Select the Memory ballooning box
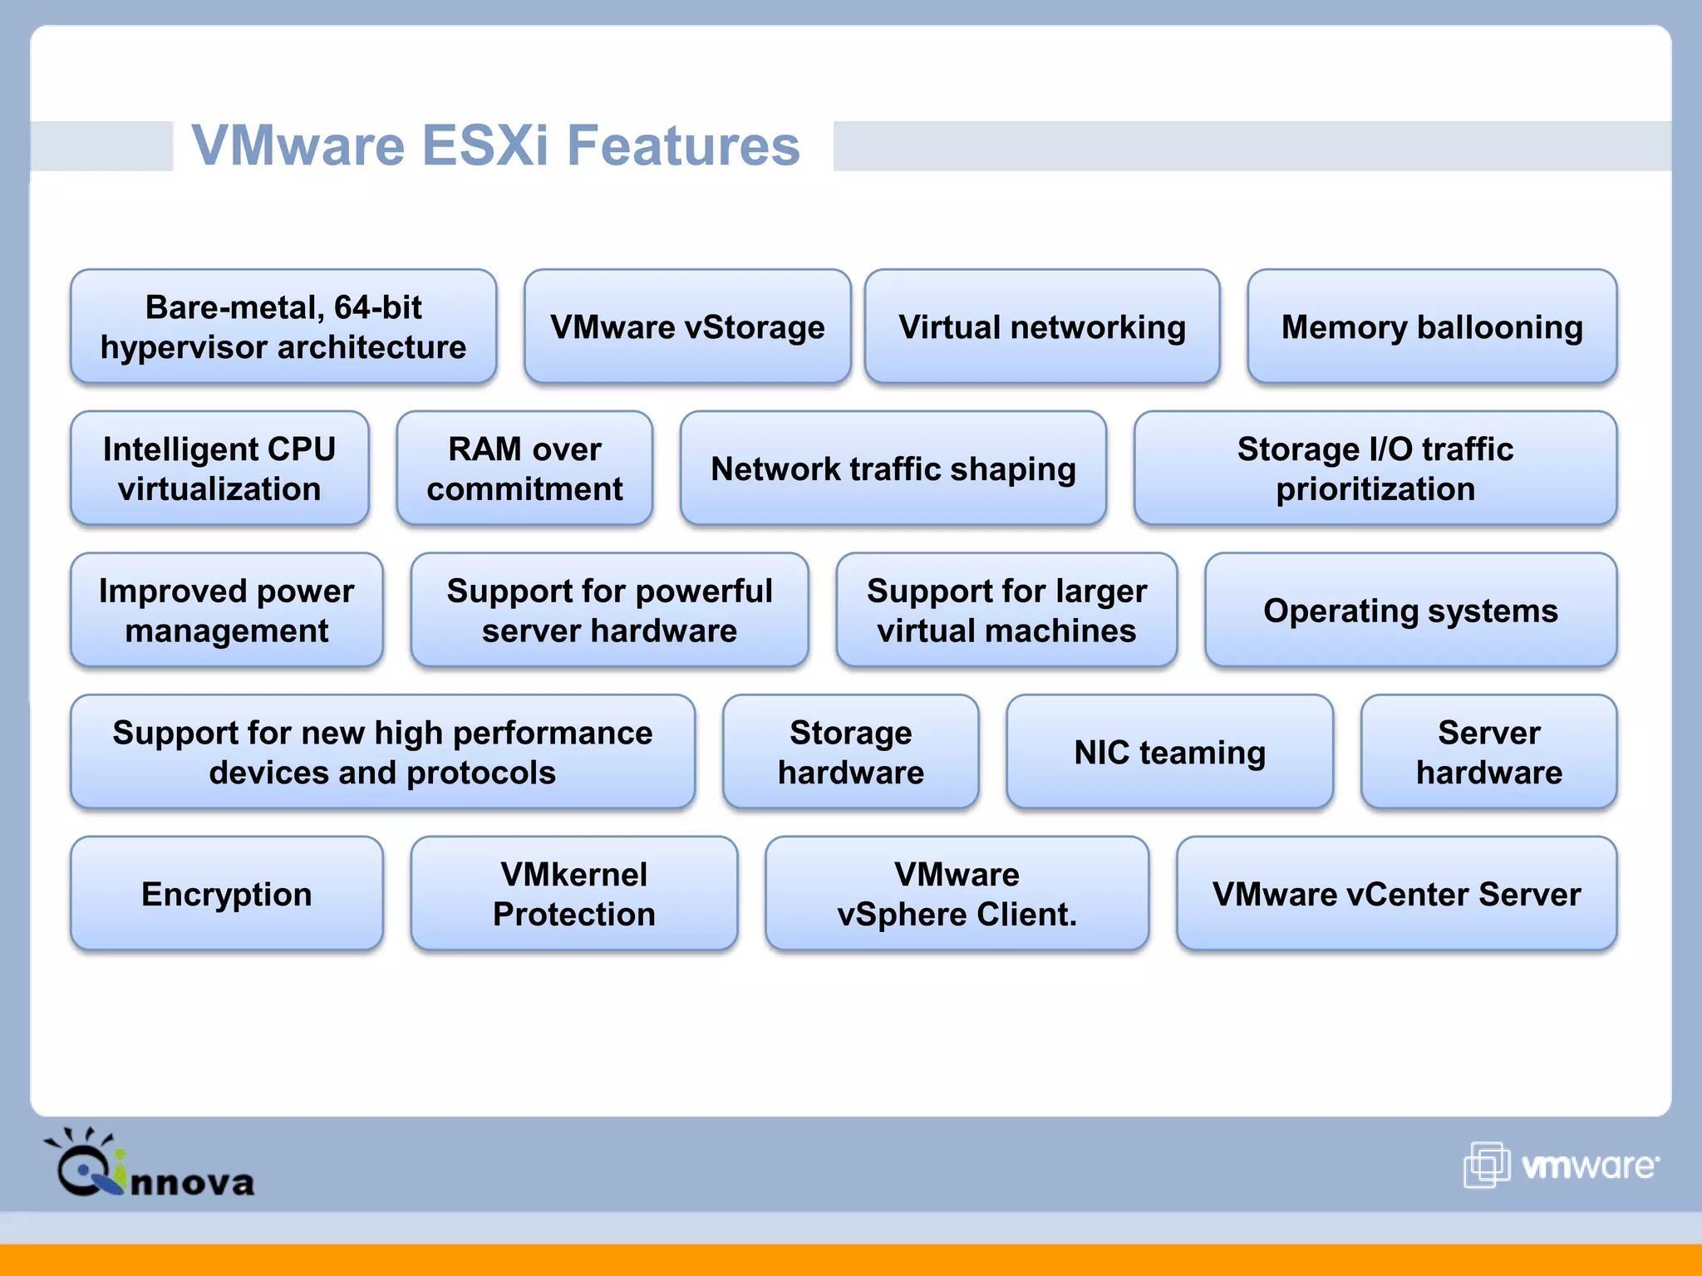pos(1431,326)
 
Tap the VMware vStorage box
pos(687,326)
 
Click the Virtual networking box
pos(1042,326)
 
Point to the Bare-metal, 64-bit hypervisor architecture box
pos(283,326)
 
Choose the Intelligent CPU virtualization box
pos(219,469)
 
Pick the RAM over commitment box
pos(524,469)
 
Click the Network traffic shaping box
pos(893,469)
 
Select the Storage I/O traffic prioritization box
pos(1375,469)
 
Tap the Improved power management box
pos(226,611)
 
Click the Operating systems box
pos(1410,611)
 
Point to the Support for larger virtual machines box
pos(1006,611)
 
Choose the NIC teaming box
pos(1169,752)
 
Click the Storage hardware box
pos(850,752)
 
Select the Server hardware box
pos(1488,752)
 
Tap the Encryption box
pos(226,894)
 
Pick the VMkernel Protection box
pos(573,894)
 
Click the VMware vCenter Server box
pos(1396,894)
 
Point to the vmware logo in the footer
pos(1561,1165)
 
